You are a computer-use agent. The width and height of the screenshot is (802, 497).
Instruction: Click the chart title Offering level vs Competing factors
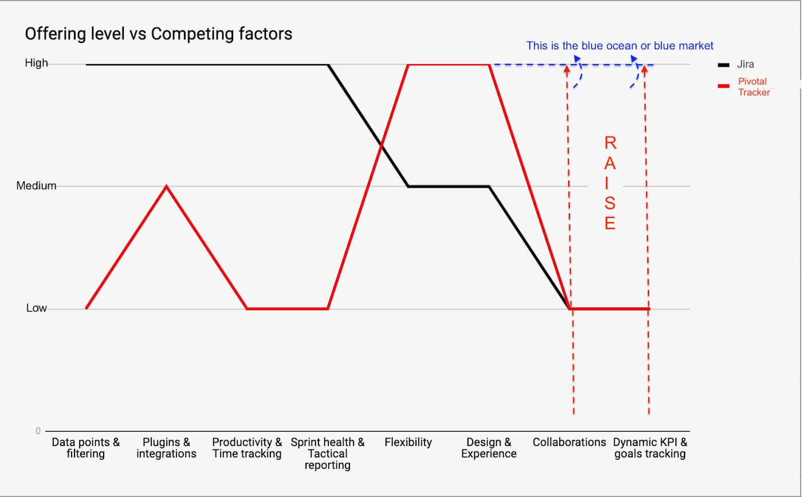point(159,34)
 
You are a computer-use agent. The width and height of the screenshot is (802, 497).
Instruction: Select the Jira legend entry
point(745,65)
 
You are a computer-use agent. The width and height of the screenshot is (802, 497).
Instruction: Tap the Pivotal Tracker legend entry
point(752,86)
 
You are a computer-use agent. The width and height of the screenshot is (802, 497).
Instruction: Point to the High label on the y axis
point(36,63)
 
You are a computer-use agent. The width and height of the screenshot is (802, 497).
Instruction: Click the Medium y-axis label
point(36,186)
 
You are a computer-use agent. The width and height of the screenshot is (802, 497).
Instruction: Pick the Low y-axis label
point(36,308)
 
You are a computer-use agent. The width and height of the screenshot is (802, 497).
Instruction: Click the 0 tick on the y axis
point(38,431)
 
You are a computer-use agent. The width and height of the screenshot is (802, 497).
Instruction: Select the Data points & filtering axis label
point(86,448)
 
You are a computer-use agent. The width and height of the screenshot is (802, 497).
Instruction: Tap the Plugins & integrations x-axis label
point(166,448)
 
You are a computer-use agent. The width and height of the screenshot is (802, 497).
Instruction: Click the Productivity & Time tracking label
point(247,448)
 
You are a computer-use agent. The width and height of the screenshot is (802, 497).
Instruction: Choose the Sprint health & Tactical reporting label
point(327,453)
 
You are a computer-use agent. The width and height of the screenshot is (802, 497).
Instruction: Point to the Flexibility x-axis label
point(408,442)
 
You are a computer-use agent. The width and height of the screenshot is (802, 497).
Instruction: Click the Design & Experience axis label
point(489,448)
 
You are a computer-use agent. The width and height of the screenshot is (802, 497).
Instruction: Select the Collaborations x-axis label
point(569,442)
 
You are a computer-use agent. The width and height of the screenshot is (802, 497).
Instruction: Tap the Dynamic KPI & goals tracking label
point(650,448)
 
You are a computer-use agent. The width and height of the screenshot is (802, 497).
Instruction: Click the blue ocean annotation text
point(620,46)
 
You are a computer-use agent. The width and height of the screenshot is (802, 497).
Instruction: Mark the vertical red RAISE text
point(610,183)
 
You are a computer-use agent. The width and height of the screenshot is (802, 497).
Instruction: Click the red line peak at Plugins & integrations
point(166,186)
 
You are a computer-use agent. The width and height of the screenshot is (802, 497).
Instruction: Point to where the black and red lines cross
point(381,145)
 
